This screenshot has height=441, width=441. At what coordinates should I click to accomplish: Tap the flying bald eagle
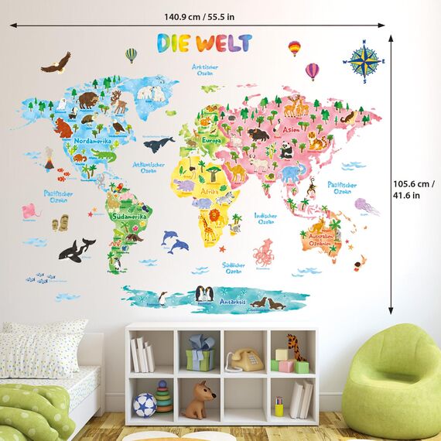point(56,63)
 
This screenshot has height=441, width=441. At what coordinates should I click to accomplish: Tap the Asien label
point(291,130)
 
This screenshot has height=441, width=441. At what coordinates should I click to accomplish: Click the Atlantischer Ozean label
point(149,167)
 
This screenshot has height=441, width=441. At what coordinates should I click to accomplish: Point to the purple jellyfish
point(364,206)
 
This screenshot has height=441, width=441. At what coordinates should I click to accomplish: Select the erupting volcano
point(49,162)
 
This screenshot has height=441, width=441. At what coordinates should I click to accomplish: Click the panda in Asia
point(287,151)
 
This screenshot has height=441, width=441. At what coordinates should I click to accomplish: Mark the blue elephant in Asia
point(290,173)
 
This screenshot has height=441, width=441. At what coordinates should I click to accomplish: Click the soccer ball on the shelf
point(144,404)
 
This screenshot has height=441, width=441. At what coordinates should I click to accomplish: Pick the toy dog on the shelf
point(200,399)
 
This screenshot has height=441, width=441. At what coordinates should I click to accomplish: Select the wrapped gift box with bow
point(200,354)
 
